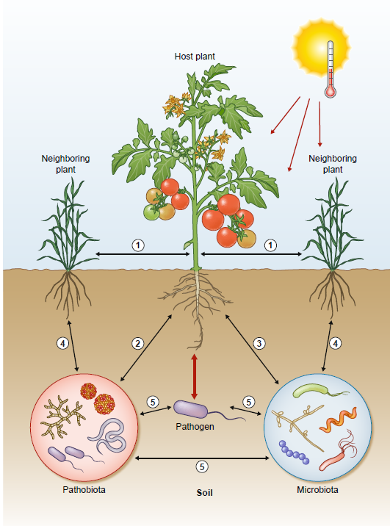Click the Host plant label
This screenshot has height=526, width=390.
point(195,56)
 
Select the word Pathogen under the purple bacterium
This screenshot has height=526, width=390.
point(194,425)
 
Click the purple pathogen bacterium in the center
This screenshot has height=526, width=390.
point(192,408)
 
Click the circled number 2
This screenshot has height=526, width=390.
point(137,342)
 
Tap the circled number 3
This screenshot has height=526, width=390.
point(258,342)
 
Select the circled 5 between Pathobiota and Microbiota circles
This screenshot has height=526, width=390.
point(203,465)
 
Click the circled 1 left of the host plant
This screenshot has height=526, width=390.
point(137,244)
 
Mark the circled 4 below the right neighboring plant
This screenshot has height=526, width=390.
point(336,342)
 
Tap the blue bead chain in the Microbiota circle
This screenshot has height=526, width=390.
point(296,450)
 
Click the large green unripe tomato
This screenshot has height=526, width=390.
point(152,212)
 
